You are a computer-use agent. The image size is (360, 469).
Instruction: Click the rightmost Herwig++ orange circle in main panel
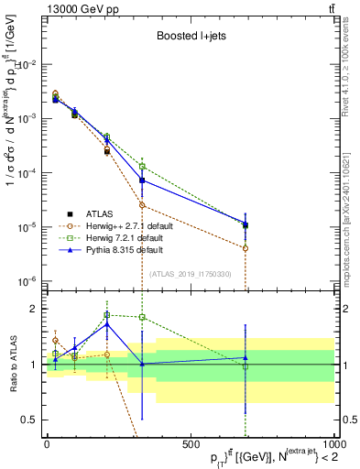(245, 248)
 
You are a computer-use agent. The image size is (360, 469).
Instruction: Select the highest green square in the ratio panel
(106, 314)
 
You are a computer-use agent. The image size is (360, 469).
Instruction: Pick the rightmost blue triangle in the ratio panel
(245, 358)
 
